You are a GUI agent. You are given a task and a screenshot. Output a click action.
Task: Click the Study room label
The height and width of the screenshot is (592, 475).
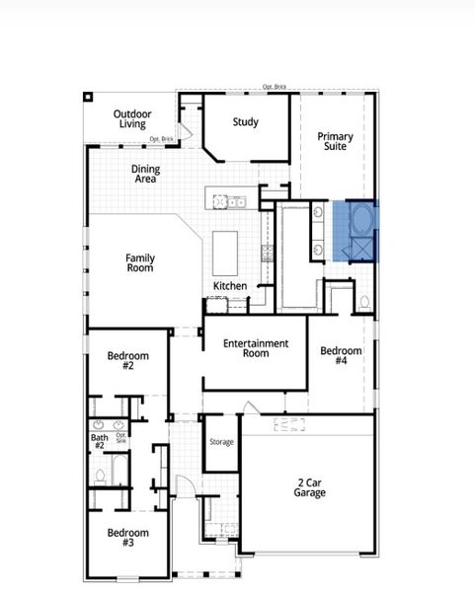[x=245, y=122]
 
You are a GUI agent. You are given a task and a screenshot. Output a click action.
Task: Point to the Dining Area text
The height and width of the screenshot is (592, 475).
[x=145, y=175]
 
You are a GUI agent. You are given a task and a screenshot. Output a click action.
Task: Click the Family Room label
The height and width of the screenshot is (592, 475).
[x=139, y=263]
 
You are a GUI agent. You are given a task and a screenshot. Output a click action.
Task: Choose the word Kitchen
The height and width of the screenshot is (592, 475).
[x=230, y=286]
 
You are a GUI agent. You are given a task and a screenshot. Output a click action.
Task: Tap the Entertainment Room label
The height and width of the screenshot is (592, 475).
[x=255, y=348]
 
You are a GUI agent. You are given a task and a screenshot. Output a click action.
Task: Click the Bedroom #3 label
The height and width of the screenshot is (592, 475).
[x=127, y=538]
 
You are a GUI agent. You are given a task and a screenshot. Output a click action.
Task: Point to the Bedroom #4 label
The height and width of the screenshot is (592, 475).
[x=341, y=356]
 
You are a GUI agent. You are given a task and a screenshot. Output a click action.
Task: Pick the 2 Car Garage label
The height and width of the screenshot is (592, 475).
[x=309, y=488]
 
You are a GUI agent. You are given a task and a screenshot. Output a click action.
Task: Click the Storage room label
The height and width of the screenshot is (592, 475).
[x=221, y=442]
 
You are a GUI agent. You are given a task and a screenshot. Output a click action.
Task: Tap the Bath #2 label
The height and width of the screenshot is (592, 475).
[x=99, y=441]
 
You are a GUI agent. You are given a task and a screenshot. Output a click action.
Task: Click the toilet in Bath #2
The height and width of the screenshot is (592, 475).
[x=100, y=477]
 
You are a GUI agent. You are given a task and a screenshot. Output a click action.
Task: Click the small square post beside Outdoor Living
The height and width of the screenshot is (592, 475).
[x=88, y=97]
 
